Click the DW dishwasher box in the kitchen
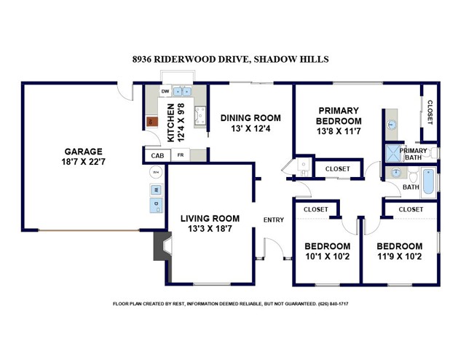(165, 91)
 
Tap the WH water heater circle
(156, 172)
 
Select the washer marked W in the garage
(156, 189)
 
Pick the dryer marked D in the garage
(156, 205)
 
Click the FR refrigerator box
(181, 155)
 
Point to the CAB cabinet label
(157, 156)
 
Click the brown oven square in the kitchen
(152, 122)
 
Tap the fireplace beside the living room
(162, 246)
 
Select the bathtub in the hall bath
(429, 181)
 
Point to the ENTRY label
(274, 220)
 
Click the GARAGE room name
(84, 152)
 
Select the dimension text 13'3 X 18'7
(210, 229)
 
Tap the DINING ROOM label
(250, 118)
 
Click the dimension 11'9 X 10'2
(400, 257)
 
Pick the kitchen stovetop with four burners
(200, 116)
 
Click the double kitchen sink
(182, 92)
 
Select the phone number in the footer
(333, 304)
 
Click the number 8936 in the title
(141, 59)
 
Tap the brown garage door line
(89, 230)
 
